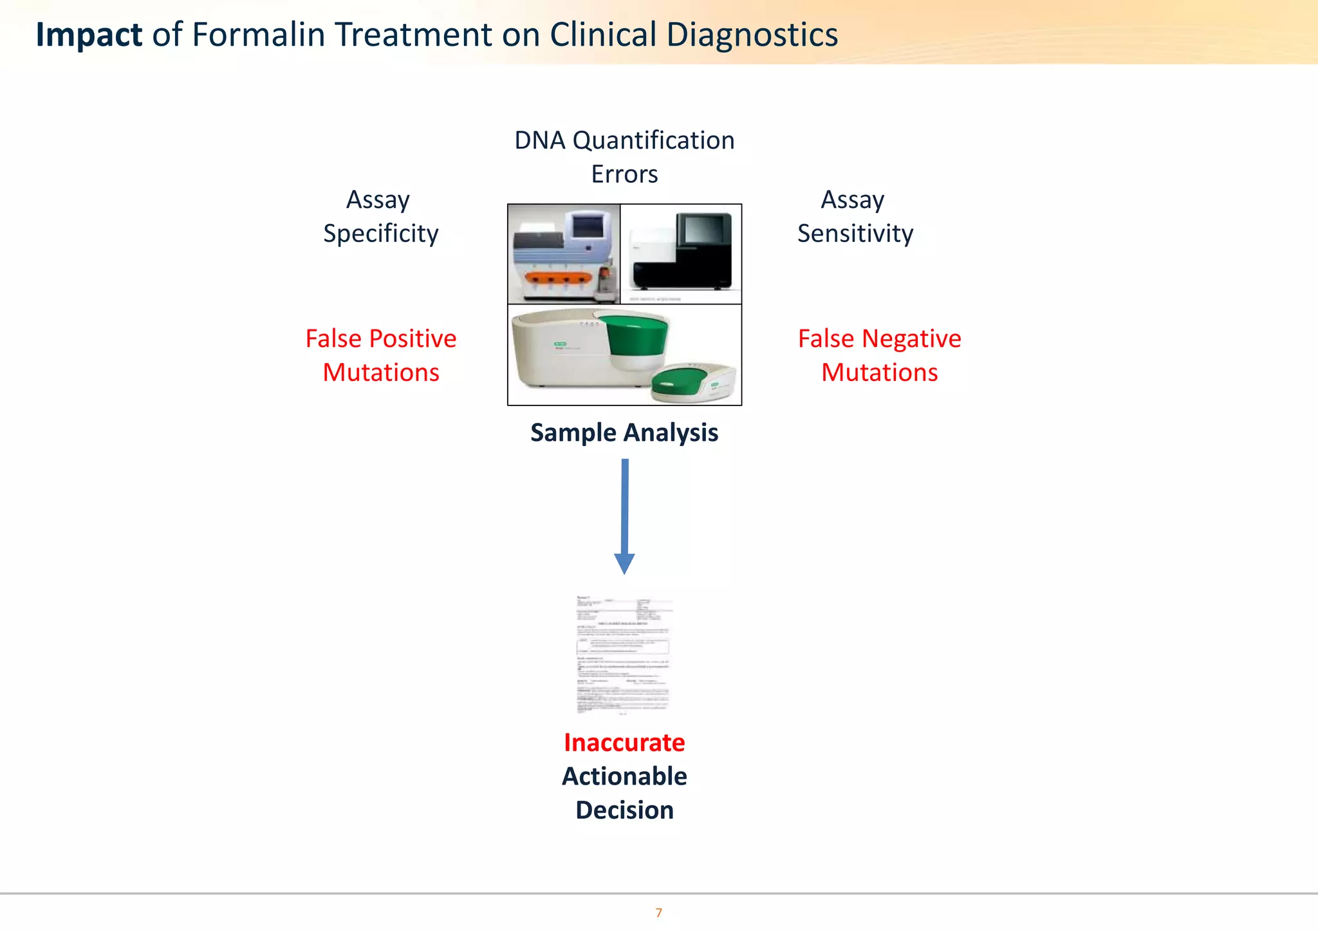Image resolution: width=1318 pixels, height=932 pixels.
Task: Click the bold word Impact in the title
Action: pyautogui.click(x=89, y=35)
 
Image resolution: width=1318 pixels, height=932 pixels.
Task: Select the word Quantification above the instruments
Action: pyautogui.click(x=653, y=140)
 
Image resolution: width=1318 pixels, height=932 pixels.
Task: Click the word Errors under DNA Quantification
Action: pyautogui.click(x=624, y=174)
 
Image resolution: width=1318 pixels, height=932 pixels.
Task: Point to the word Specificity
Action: pyautogui.click(x=380, y=234)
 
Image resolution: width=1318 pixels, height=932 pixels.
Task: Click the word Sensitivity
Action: pyautogui.click(x=855, y=234)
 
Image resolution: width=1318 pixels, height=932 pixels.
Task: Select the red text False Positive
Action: pyautogui.click(x=380, y=339)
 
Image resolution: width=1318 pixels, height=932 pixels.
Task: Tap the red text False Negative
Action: pyautogui.click(x=879, y=339)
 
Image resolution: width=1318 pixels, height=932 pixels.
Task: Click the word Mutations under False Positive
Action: pyautogui.click(x=380, y=373)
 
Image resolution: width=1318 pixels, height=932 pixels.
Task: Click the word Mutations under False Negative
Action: pyautogui.click(x=879, y=373)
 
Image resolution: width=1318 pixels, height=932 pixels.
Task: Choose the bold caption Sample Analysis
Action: pyautogui.click(x=624, y=433)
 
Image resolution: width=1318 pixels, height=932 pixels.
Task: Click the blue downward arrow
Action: pyautogui.click(x=624, y=515)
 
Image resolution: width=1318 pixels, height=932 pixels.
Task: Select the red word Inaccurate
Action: pyautogui.click(x=624, y=743)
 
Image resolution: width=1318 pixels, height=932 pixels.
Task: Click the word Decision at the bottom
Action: pyautogui.click(x=624, y=810)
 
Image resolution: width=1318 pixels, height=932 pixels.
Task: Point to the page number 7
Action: pyautogui.click(x=658, y=913)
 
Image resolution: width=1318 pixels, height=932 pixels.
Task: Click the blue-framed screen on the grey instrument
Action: pyautogui.click(x=586, y=227)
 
